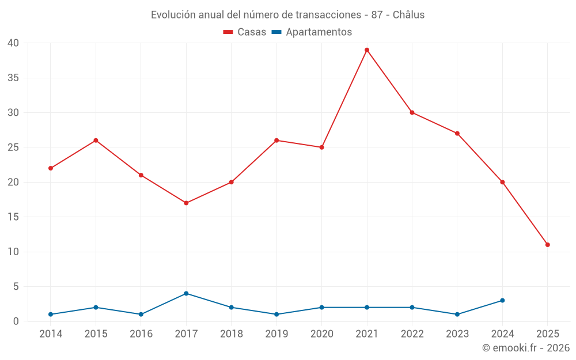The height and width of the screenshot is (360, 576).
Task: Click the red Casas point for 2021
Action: (367, 50)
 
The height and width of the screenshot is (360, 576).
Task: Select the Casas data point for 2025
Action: (547, 245)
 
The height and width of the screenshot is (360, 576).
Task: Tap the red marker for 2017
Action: (186, 203)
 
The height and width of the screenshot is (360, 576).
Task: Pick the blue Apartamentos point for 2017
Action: (186, 294)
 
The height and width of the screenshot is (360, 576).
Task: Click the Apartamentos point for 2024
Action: (502, 301)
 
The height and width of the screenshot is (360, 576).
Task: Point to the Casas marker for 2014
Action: (51, 168)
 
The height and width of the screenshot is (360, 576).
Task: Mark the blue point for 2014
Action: (51, 314)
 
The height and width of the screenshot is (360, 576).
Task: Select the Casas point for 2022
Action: (412, 112)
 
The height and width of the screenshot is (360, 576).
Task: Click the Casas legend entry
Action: (245, 32)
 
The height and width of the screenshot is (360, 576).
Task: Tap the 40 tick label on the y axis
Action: (13, 43)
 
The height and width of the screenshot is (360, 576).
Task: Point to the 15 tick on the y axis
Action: (13, 217)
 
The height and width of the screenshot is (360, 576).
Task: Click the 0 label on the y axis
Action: (16, 321)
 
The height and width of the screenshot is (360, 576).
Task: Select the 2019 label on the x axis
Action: (276, 334)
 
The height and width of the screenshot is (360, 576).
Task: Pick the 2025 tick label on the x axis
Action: (547, 334)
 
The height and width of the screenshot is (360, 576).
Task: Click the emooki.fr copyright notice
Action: (525, 348)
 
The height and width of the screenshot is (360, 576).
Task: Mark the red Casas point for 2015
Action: (96, 141)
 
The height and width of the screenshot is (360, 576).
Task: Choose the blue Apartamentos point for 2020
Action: (321, 308)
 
